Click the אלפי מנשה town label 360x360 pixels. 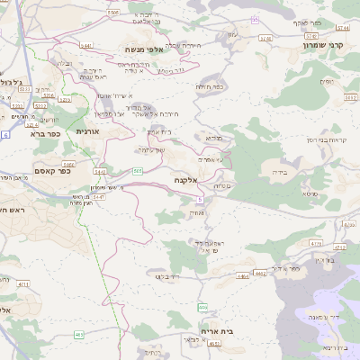[144, 50]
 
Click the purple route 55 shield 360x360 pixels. [256, 20]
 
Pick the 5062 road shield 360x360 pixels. [112, 13]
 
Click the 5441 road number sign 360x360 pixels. [85, 45]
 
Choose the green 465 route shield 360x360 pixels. [80, 335]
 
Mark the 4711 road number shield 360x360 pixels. [315, 243]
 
